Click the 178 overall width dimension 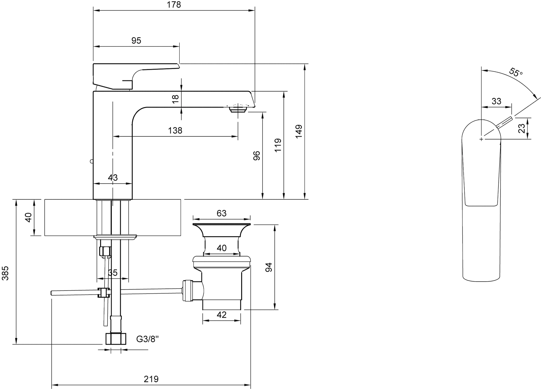tap(174, 5)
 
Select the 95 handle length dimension tap(136, 40)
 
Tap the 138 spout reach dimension tap(175, 130)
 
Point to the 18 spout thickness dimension tap(175, 99)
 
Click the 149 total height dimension tap(299, 131)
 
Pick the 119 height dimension tap(278, 145)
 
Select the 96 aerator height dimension tap(256, 155)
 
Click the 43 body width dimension tap(113, 177)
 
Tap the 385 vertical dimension tap(5, 273)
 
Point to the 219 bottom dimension tap(151, 379)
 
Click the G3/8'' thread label tap(148, 339)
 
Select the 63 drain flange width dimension tap(222, 213)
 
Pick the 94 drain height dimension tap(269, 267)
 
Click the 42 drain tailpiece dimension tap(222, 315)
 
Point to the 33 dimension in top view tap(496, 101)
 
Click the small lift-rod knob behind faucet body tap(92, 161)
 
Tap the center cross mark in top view tap(482, 139)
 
